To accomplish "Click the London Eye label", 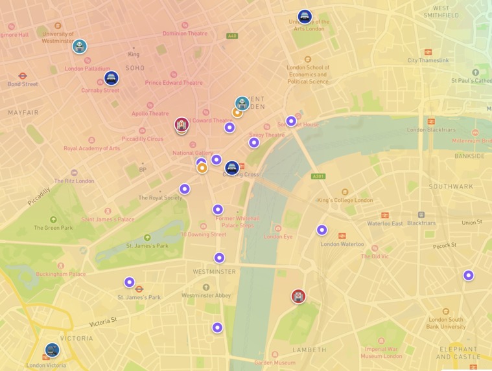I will coord(278,236).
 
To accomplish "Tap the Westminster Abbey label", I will coord(205,295).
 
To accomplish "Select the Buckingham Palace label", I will coord(60,273).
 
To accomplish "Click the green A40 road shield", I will coord(232,36).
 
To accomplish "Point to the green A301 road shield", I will coord(318,176).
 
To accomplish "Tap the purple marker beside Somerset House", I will coord(291,121).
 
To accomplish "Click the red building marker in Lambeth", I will coord(298,297).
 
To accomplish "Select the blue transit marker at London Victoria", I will coord(52,350).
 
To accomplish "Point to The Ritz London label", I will coord(74,181).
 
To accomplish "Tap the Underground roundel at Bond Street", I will coord(23,76).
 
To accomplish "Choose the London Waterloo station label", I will coord(342,244).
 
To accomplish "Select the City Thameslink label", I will coord(428,60).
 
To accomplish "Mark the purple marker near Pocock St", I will coord(468,275).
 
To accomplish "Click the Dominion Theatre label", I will coord(185,33).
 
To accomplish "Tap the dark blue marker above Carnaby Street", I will coord(111,78).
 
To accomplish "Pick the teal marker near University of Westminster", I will coord(80,46).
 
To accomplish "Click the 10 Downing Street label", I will coord(204,234).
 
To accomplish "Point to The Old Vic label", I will coord(374,256).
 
